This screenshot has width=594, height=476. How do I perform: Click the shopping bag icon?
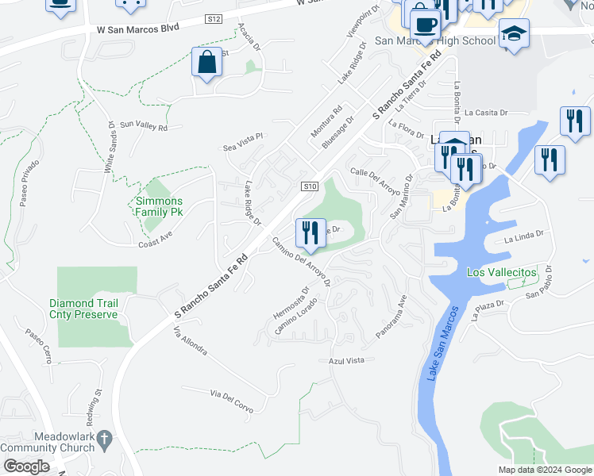click(x=206, y=62)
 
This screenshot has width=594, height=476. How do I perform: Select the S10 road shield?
click(x=310, y=186)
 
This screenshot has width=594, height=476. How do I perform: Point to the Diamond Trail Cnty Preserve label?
click(x=83, y=309)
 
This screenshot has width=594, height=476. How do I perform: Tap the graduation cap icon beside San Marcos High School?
click(x=514, y=33)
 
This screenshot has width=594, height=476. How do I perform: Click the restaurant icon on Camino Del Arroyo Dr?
click(x=309, y=232)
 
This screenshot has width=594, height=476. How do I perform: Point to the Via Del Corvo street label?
click(x=231, y=401)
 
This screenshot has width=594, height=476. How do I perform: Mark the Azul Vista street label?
click(x=346, y=360)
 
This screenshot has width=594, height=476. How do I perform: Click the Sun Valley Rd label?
click(x=143, y=126)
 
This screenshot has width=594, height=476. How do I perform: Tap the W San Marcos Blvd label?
click(x=133, y=28)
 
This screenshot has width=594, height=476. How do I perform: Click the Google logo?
click(x=25, y=466)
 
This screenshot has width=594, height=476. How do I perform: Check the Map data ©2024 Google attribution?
click(x=544, y=469)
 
